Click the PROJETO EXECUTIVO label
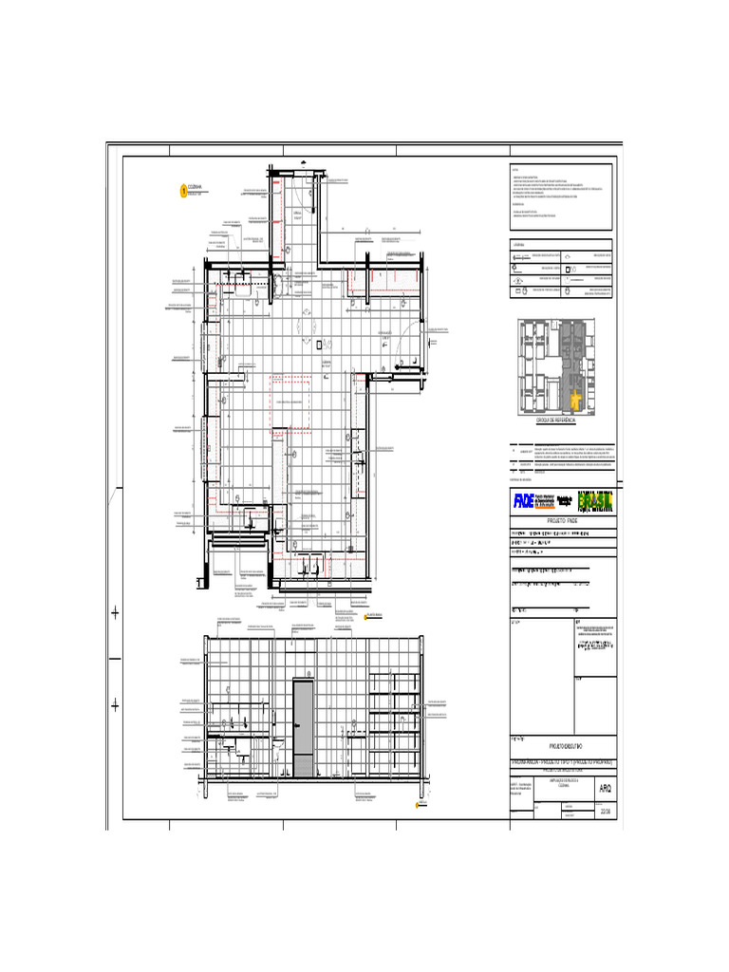point(561,748)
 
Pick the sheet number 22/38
point(606,810)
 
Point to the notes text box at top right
point(561,196)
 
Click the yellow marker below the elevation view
point(418,807)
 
